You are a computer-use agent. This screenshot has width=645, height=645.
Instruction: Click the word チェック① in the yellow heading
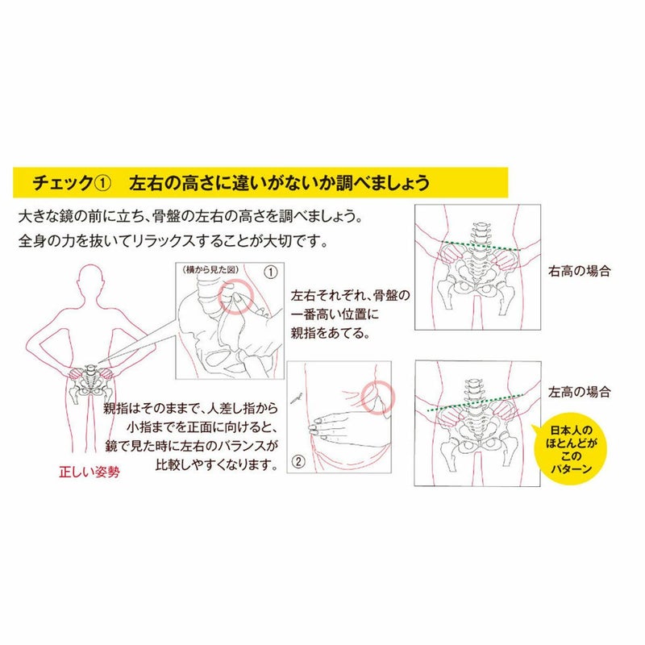click(72, 183)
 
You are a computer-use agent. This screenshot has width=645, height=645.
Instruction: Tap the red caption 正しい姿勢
click(89, 472)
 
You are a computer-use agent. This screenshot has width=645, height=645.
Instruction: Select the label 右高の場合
click(579, 271)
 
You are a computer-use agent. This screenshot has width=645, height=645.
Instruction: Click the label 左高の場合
click(579, 392)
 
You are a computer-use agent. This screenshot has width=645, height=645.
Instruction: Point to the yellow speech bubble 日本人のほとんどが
click(572, 449)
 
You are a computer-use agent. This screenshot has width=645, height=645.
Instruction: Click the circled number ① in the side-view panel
click(270, 272)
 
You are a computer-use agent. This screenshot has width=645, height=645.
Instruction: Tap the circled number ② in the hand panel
click(298, 461)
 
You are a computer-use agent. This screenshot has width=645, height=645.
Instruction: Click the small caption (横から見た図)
click(210, 270)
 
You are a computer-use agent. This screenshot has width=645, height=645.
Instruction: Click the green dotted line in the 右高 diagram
click(481, 246)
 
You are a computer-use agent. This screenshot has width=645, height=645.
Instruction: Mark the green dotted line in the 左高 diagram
click(476, 403)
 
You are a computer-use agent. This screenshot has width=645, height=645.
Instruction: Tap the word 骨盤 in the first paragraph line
click(166, 216)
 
